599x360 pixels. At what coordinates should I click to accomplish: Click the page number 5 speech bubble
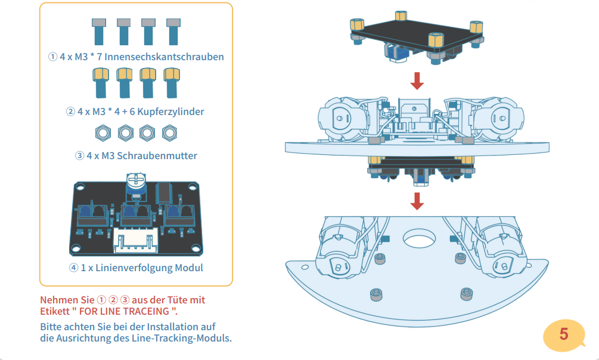coord(564,334)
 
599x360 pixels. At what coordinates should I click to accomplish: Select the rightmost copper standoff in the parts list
coord(172,82)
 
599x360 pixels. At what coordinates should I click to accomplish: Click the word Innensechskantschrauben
coord(168,57)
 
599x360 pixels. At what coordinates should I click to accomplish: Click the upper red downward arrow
coord(418,80)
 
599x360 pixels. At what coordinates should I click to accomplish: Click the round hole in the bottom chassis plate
coord(419,238)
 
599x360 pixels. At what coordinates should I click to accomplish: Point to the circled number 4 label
coord(74,268)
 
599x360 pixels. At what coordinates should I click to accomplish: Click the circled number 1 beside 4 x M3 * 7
coord(52,57)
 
